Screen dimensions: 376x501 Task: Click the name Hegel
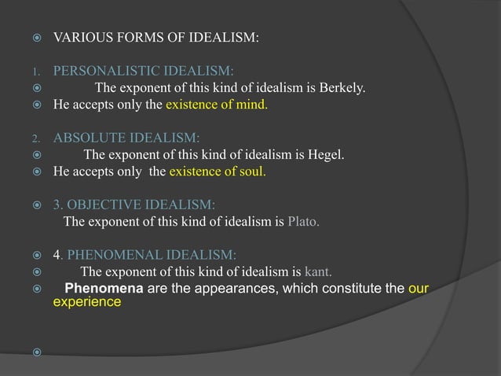coord(326,153)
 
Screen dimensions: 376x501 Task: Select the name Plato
coord(302,221)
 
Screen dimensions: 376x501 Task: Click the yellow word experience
coord(87,301)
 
